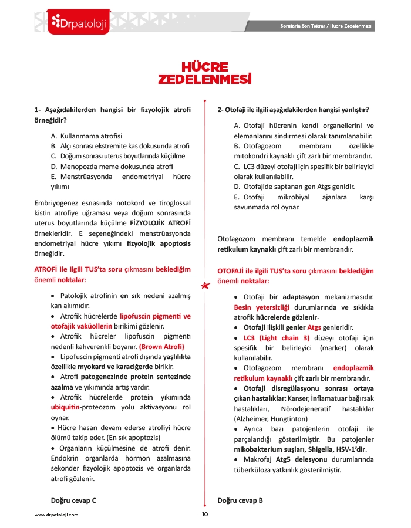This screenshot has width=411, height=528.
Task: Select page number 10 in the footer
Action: [x=205, y=515]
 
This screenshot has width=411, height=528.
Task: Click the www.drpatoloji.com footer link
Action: [x=56, y=515]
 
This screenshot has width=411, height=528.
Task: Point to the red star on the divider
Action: [x=205, y=285]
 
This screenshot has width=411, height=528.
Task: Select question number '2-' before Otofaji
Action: [x=221, y=110]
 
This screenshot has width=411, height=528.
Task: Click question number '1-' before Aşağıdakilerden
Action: [x=38, y=110]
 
